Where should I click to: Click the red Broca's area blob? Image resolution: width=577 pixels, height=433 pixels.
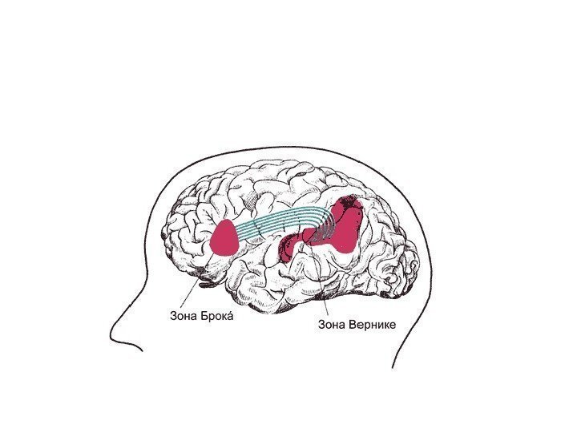224,238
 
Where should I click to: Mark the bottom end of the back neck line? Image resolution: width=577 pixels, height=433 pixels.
393,367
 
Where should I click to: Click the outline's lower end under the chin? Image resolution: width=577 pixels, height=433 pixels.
142,350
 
